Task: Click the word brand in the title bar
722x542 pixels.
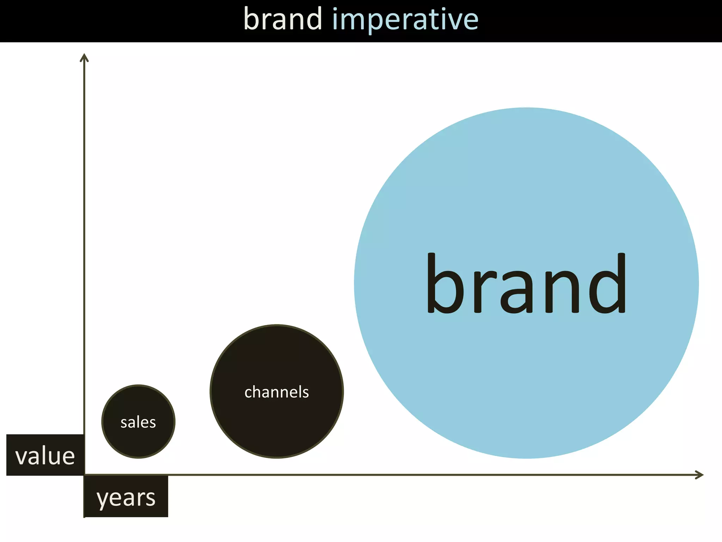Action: (x=283, y=19)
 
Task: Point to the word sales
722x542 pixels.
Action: (x=138, y=422)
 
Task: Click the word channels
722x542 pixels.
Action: (x=277, y=392)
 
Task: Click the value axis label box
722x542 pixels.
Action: (x=45, y=455)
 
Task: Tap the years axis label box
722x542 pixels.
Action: (x=126, y=497)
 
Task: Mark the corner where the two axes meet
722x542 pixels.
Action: (x=84, y=475)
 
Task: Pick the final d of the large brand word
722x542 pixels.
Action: (x=608, y=284)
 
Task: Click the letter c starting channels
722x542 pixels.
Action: (x=248, y=393)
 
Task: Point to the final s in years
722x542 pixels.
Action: (x=150, y=498)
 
